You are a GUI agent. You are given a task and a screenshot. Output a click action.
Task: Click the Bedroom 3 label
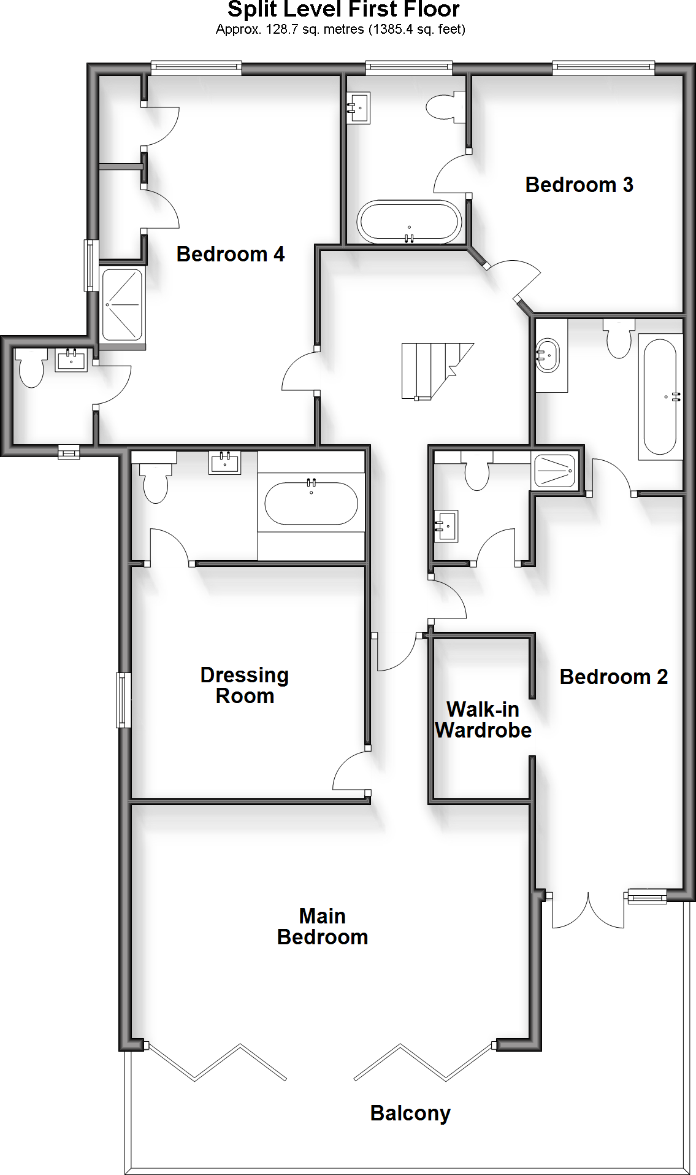pyautogui.click(x=579, y=185)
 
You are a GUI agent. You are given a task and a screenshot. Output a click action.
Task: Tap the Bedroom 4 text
pyautogui.click(x=230, y=254)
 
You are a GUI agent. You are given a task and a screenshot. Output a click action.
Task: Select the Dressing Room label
pyautogui.click(x=245, y=685)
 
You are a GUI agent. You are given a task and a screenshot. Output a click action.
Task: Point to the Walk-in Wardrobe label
pyautogui.click(x=483, y=720)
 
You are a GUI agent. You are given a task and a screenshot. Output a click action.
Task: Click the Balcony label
pyautogui.click(x=410, y=1113)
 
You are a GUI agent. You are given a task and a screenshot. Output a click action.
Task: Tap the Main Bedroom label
pyautogui.click(x=323, y=927)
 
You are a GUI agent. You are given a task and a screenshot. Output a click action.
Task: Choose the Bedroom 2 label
pyautogui.click(x=613, y=677)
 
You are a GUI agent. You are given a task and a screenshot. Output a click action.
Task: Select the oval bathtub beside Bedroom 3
pyautogui.click(x=409, y=222)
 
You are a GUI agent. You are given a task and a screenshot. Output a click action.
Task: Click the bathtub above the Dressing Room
pyautogui.click(x=311, y=503)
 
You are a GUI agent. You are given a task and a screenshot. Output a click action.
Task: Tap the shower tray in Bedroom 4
pyautogui.click(x=122, y=305)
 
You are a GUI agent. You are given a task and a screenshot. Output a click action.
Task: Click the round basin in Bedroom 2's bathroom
pyautogui.click(x=547, y=355)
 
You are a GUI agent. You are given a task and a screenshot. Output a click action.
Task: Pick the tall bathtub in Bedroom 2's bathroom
pyautogui.click(x=660, y=396)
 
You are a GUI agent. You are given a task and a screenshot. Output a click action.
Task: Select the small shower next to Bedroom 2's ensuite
pyautogui.click(x=555, y=471)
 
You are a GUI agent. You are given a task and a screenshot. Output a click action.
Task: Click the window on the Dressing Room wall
pyautogui.click(x=124, y=700)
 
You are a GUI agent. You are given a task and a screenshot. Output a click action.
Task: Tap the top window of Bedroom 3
pyautogui.click(x=603, y=68)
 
